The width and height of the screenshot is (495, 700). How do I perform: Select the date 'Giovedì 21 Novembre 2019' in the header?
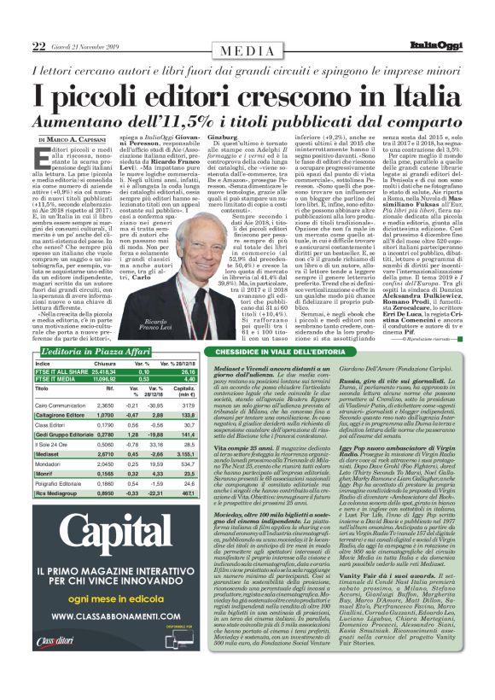pyautogui.click(x=65, y=21)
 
